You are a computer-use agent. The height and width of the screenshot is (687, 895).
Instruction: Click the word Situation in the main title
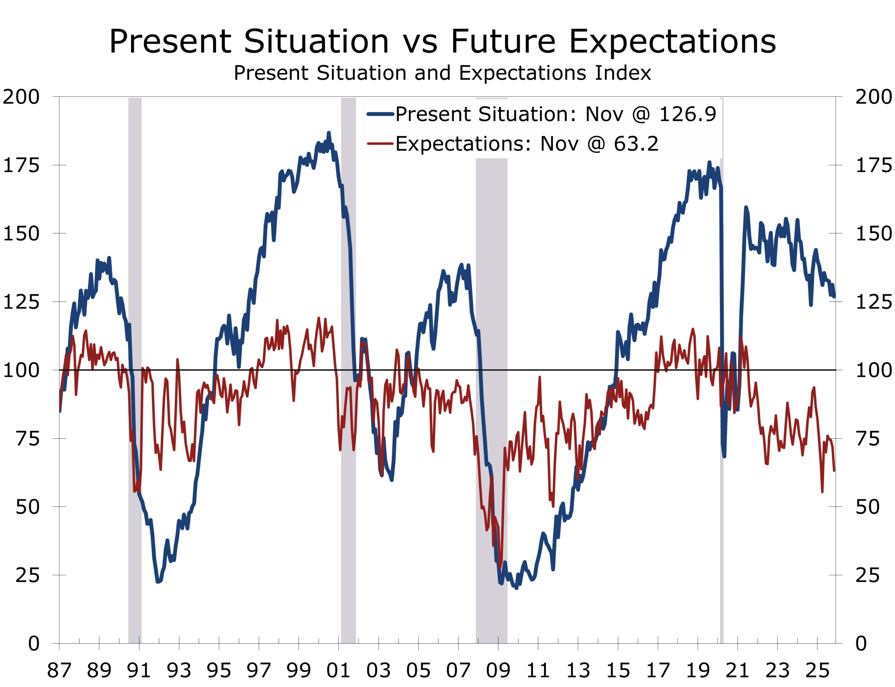[316, 41]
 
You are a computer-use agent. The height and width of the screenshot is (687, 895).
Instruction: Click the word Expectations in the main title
[672, 41]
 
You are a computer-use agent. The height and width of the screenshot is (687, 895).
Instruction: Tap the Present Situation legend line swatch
[380, 114]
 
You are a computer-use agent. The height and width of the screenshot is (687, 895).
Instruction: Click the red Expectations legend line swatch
[380, 144]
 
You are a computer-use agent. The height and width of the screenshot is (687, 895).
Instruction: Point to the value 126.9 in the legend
[688, 114]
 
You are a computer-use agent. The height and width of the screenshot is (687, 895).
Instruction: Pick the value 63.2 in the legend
[636, 144]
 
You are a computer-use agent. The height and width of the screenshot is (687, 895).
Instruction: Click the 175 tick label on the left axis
[21, 165]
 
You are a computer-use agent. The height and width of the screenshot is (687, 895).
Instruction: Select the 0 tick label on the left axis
[34, 643]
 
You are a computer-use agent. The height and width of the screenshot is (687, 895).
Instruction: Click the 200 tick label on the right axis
[874, 97]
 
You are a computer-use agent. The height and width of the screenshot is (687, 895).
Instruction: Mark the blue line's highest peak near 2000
[329, 133]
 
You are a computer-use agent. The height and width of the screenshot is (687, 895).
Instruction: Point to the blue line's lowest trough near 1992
[159, 581]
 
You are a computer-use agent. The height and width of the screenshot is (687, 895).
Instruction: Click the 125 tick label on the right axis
[874, 302]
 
